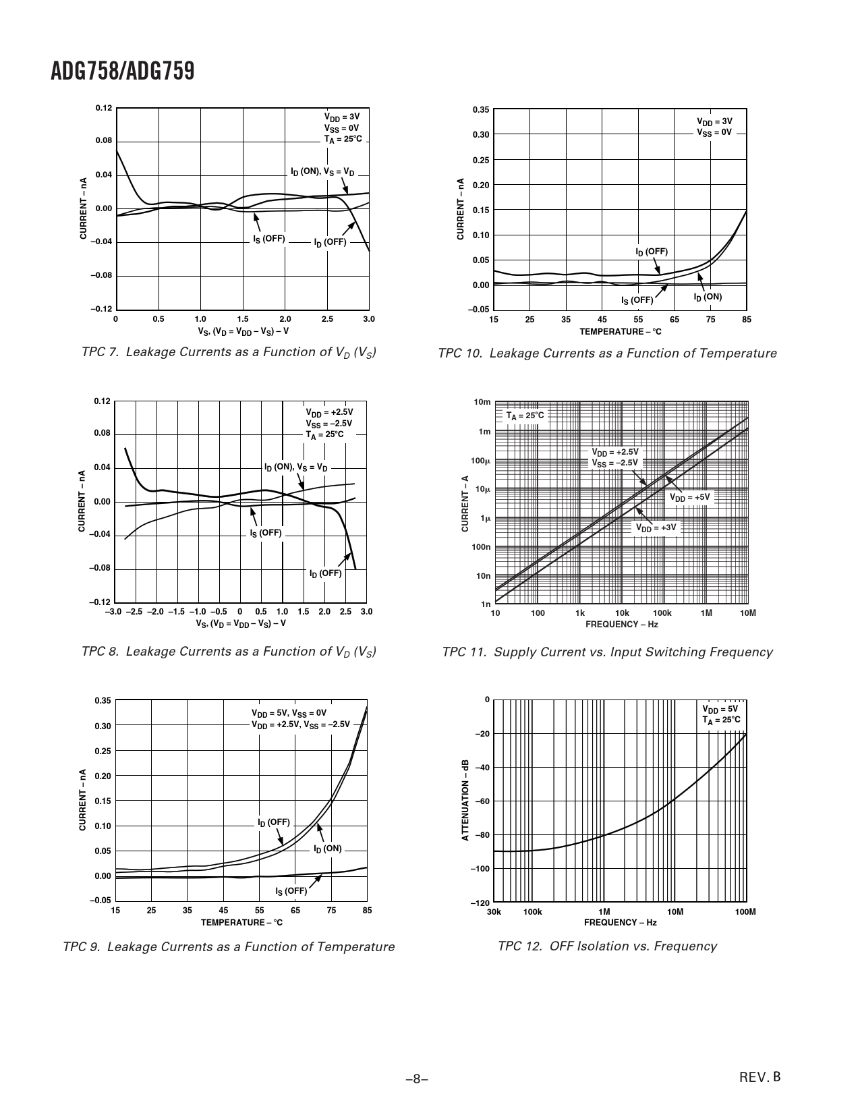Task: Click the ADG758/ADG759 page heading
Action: tap(122, 71)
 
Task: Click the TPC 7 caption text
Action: tap(228, 353)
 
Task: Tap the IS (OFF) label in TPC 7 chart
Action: tap(269, 239)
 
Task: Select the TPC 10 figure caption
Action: tap(607, 353)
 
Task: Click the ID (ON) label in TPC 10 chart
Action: tap(708, 297)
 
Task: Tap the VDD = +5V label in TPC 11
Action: tap(689, 497)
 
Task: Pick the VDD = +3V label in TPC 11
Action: tap(656, 527)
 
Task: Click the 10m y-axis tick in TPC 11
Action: tap(482, 402)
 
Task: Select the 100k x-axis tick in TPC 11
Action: tap(662, 612)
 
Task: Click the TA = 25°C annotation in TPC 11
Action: tap(525, 416)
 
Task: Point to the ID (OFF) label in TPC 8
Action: tap(325, 573)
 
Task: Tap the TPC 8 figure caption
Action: tap(228, 652)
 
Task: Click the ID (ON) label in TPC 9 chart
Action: tap(328, 849)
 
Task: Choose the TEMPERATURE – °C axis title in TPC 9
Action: tap(241, 922)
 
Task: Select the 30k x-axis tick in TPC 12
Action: tap(494, 912)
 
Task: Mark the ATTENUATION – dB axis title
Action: tap(465, 800)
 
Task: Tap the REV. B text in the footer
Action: tap(759, 1077)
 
